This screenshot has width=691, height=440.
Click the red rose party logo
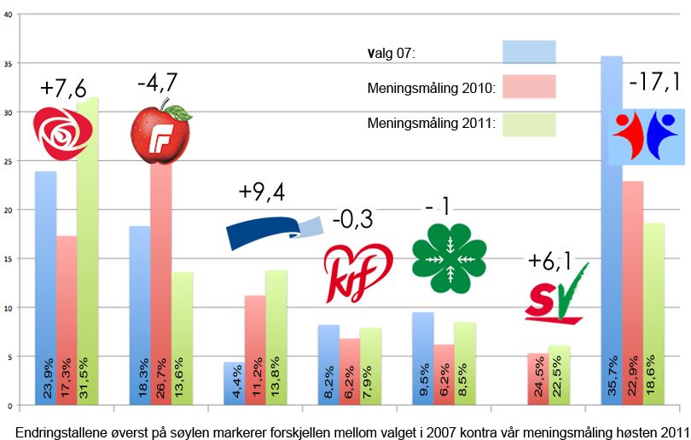click(61, 129)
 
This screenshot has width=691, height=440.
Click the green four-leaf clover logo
click(449, 253)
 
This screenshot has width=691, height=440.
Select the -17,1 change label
click(654, 83)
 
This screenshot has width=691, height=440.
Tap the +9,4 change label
click(262, 193)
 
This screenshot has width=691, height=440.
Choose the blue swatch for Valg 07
click(529, 52)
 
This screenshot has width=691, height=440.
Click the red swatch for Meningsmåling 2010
click(529, 87)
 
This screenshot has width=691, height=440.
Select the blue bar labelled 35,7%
click(611, 230)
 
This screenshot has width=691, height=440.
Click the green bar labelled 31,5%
click(88, 252)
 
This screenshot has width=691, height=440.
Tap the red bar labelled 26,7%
click(160, 281)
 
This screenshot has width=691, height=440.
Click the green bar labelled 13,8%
click(276, 338)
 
